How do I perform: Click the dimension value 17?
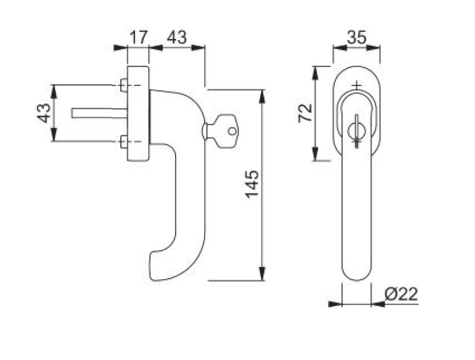point(139,37)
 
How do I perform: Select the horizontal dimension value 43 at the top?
point(177,37)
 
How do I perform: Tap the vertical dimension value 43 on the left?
point(44,113)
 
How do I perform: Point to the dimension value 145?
point(252,184)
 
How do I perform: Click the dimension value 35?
point(356,37)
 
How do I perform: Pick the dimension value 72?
point(305,113)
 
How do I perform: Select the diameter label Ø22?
point(401,294)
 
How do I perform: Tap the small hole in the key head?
point(232,131)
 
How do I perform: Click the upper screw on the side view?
point(124,85)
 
